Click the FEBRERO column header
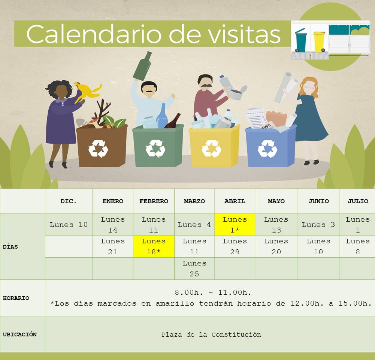[x=154, y=201]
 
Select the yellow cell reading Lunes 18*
[x=154, y=246]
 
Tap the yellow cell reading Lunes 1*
[x=235, y=224]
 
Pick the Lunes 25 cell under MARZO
[x=194, y=268]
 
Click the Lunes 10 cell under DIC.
[x=69, y=225]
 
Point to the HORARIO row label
[x=16, y=298]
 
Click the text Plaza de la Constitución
[x=211, y=334]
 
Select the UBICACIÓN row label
[x=20, y=334]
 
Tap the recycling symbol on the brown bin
[x=98, y=148]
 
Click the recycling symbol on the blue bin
[x=267, y=149]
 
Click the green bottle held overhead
[x=142, y=66]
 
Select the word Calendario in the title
[x=94, y=34]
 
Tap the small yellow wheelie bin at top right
[x=319, y=42]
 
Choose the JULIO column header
[x=358, y=201]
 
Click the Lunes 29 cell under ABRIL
[x=235, y=246]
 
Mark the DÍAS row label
[x=10, y=246]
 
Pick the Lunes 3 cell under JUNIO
[x=318, y=225]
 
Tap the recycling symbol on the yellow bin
[x=211, y=148]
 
